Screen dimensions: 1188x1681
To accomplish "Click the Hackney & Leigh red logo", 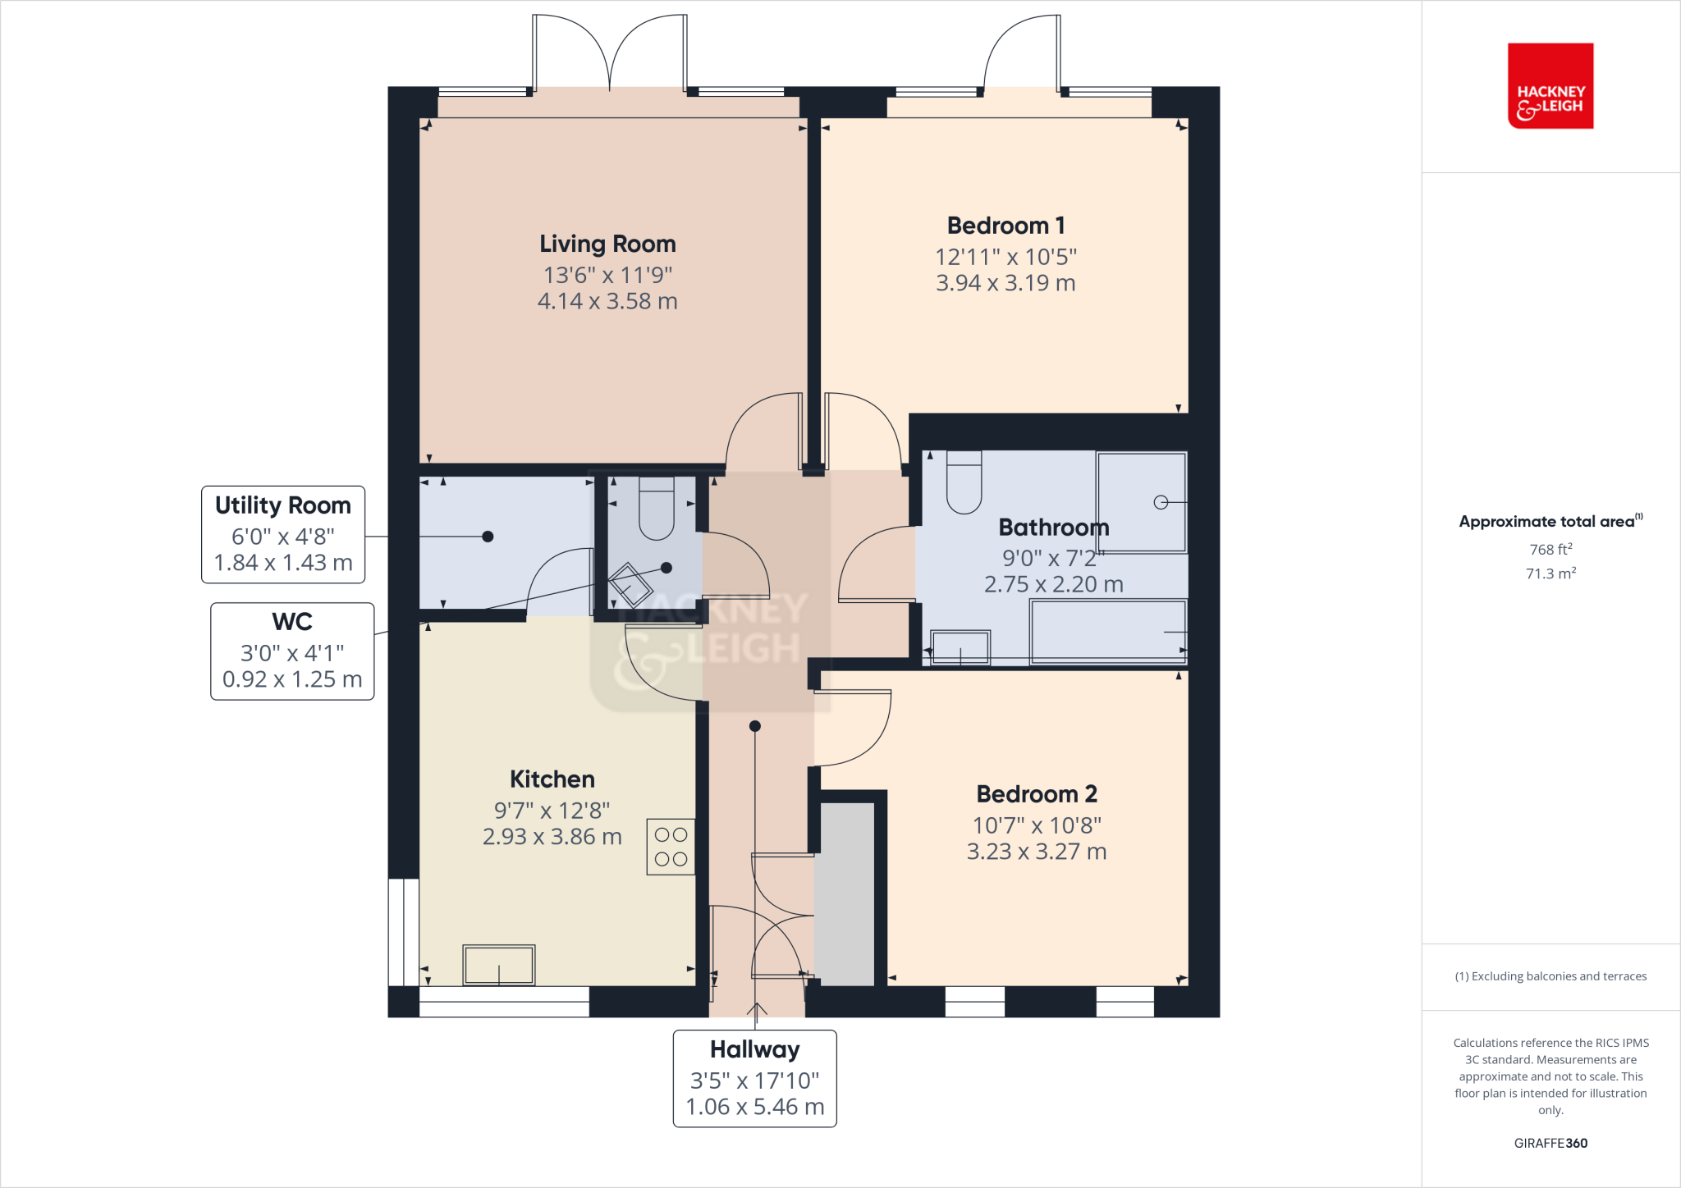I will pyautogui.click(x=1550, y=86).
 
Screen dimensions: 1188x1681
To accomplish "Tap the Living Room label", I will pyautogui.click(x=607, y=244).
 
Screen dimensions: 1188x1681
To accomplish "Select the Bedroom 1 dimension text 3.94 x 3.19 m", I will pyautogui.click(x=1005, y=283).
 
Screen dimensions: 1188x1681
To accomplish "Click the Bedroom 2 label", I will pyautogui.click(x=1036, y=794).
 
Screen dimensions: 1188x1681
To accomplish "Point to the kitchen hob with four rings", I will pyautogui.click(x=671, y=847).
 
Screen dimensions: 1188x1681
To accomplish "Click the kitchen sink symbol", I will pyautogui.click(x=499, y=965).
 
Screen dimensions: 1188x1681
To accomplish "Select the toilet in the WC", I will pyautogui.click(x=656, y=509).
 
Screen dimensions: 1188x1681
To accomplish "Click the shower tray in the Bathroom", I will pyautogui.click(x=1142, y=502).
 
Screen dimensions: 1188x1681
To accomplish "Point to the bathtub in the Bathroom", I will pyautogui.click(x=1108, y=631).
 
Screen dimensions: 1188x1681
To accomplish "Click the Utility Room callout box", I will pyautogui.click(x=283, y=534).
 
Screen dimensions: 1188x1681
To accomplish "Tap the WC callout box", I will pyautogui.click(x=292, y=651).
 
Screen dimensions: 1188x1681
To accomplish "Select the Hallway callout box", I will pyautogui.click(x=754, y=1078).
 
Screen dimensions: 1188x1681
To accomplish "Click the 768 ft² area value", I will pyautogui.click(x=1550, y=550).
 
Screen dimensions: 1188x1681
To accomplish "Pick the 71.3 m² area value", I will pyautogui.click(x=1550, y=573).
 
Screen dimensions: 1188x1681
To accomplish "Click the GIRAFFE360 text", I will pyautogui.click(x=1550, y=1143).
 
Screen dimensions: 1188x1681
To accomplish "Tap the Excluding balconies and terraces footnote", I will pyautogui.click(x=1550, y=976).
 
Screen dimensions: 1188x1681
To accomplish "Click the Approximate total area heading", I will pyautogui.click(x=1548, y=522).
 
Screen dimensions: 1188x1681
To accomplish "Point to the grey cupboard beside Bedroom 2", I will pyautogui.click(x=846, y=894).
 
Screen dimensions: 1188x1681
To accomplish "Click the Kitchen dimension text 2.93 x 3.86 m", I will pyautogui.click(x=552, y=837).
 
